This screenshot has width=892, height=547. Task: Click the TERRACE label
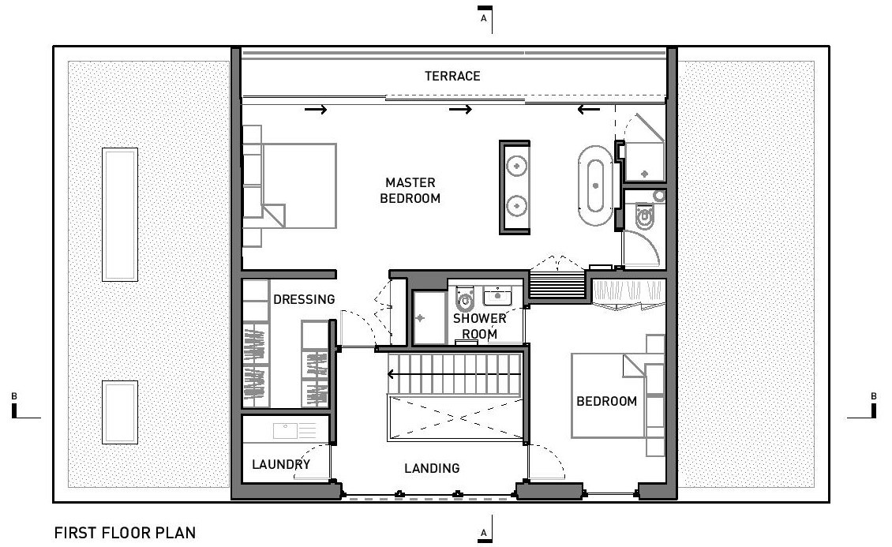[x=452, y=76]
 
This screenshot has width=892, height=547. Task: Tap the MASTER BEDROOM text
[x=410, y=191]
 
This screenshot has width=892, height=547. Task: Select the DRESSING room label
[x=304, y=299]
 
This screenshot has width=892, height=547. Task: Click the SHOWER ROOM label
[x=479, y=326]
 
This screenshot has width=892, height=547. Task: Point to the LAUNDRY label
[x=281, y=464]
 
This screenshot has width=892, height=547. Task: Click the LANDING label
[x=432, y=468]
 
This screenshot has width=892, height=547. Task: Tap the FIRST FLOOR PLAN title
[x=125, y=533]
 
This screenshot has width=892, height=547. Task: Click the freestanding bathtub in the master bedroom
[x=595, y=187]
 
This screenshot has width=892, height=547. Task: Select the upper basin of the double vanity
[x=516, y=167]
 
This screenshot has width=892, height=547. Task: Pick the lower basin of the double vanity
[x=516, y=205]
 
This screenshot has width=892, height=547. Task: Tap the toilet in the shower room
[x=466, y=298]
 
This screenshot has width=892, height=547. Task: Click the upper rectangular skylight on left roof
[x=120, y=214]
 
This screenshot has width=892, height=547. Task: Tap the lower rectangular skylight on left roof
[x=120, y=411]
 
